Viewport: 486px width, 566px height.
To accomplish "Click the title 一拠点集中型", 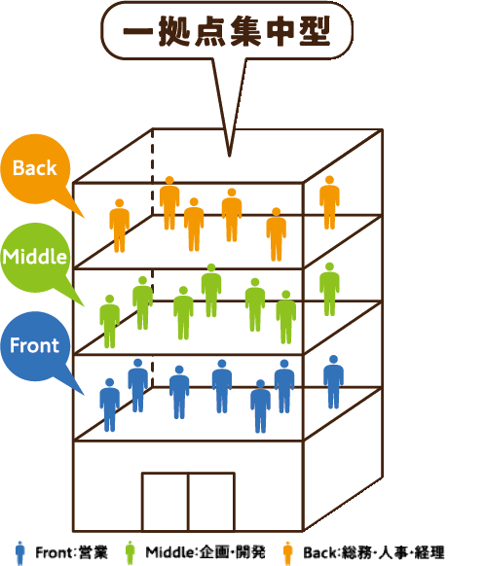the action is pyautogui.click(x=227, y=31).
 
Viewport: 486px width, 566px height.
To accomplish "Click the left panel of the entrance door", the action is pyautogui.click(x=165, y=502).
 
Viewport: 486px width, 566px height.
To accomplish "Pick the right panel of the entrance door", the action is pyautogui.click(x=211, y=502).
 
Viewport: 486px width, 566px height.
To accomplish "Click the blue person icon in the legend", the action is pyautogui.click(x=20, y=552).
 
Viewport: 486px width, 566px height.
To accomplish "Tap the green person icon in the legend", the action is pyautogui.click(x=130, y=552).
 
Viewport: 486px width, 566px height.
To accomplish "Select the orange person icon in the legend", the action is pyautogui.click(x=288, y=552).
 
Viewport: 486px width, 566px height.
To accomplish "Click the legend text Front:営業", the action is pyautogui.click(x=72, y=552).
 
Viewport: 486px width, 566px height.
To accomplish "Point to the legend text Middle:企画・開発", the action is pyautogui.click(x=206, y=552).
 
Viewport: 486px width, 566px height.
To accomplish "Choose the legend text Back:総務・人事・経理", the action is pyautogui.click(x=374, y=552).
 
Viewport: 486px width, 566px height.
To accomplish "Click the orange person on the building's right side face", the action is pyautogui.click(x=329, y=202).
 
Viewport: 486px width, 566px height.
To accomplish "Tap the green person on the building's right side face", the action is pyautogui.click(x=329, y=289).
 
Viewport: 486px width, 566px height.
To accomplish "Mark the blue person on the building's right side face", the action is pyautogui.click(x=333, y=382).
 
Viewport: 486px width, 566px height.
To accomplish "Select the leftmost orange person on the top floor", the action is pyautogui.click(x=120, y=226).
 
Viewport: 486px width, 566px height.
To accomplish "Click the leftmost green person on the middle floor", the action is pyautogui.click(x=109, y=321).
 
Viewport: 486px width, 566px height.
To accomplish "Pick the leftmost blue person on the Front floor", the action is pyautogui.click(x=109, y=405).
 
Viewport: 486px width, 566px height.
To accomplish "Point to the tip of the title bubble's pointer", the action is pyautogui.click(x=229, y=157).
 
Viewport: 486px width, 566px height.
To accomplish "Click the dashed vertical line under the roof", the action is pyautogui.click(x=152, y=171).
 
